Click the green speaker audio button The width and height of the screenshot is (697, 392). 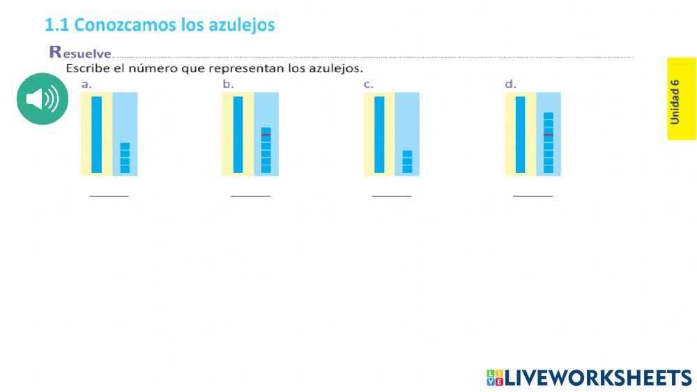coord(43,99)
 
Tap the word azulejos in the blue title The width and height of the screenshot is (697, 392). coord(241,26)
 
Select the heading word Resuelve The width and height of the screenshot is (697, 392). coord(80,52)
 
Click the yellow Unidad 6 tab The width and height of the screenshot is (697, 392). coord(681,99)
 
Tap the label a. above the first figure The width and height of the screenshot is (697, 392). coord(86,84)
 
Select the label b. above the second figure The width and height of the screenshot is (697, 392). coord(228,84)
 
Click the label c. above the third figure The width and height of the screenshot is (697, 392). coord(369,84)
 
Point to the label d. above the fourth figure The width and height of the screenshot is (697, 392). coord(510,84)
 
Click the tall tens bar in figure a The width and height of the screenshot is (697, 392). coord(97,134)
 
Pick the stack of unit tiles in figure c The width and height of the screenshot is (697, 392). coord(407,161)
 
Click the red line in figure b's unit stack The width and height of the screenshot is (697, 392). coord(266,134)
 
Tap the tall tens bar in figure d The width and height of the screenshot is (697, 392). coord(520,134)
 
